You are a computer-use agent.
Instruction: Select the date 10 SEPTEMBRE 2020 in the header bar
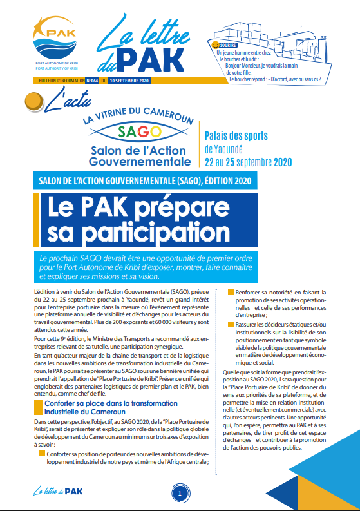[x=129, y=81]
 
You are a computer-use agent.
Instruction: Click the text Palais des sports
[x=236, y=136]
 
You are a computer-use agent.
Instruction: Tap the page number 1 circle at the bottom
[x=180, y=493]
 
